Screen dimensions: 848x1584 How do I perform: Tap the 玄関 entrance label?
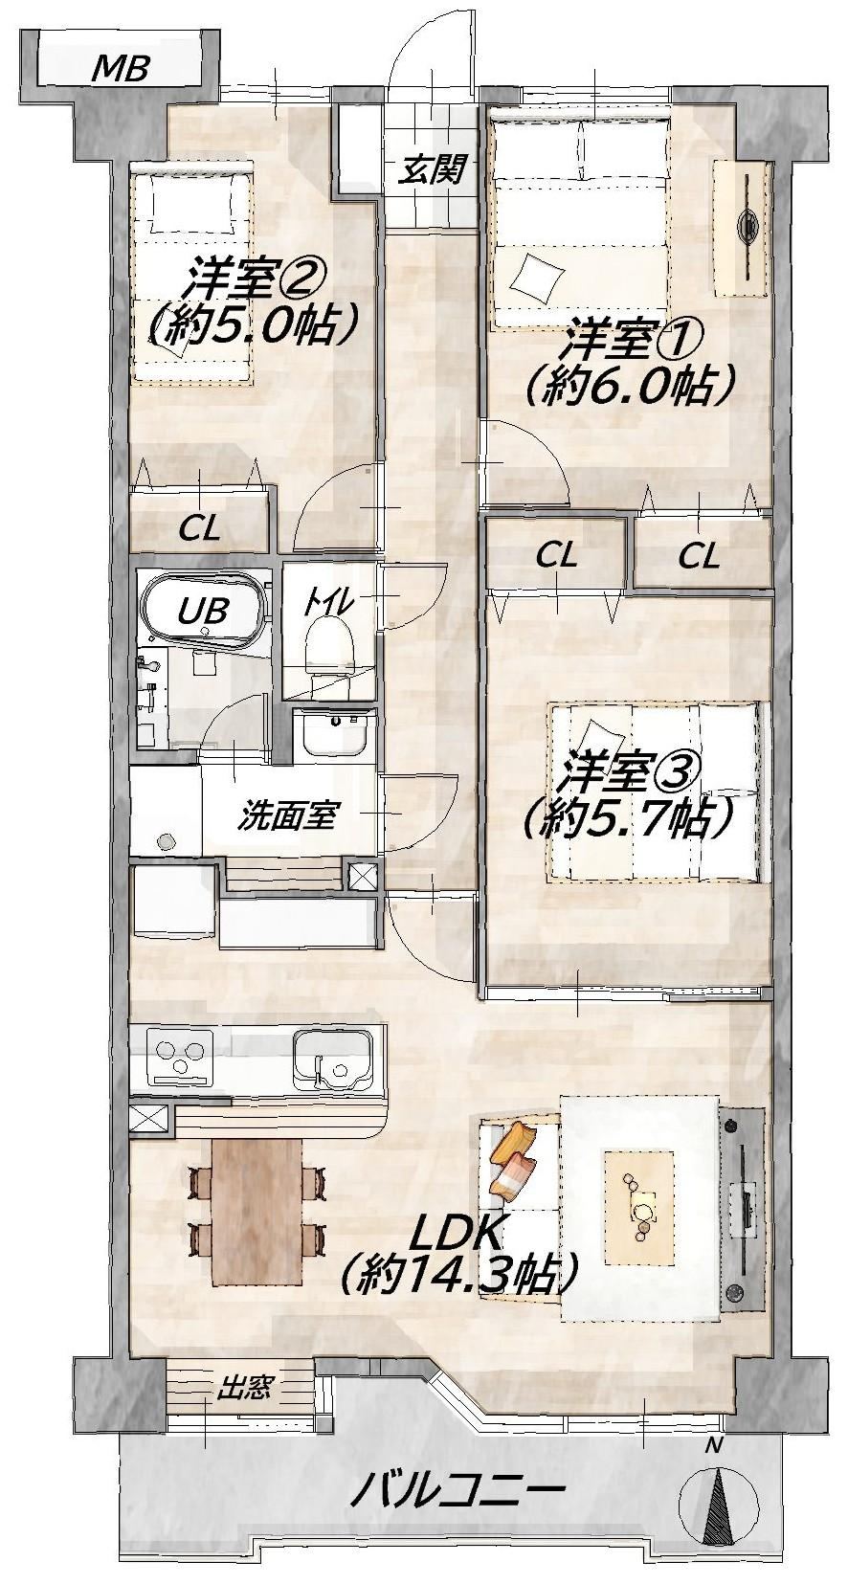click(x=431, y=170)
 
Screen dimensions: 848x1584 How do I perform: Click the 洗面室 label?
click(x=285, y=816)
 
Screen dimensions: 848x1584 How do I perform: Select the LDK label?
click(x=457, y=1234)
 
